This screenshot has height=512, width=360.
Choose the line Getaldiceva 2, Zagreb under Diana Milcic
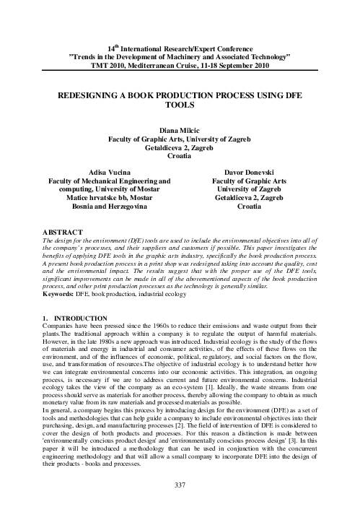click(180, 147)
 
